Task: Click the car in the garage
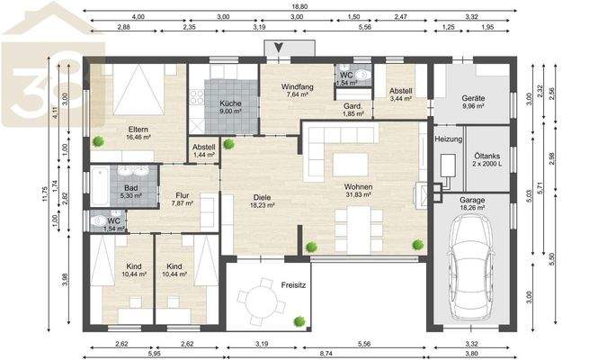tap(471, 265)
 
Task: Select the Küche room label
tap(230, 103)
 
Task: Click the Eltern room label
tap(138, 130)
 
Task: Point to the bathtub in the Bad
tap(100, 186)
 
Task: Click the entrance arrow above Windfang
tap(279, 48)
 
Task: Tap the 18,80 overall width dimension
tap(299, 6)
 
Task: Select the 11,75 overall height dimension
tap(45, 194)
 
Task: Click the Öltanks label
tap(487, 156)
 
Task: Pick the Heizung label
tap(449, 139)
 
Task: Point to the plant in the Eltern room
tap(98, 141)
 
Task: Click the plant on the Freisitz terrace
tap(299, 321)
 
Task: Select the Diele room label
tap(262, 197)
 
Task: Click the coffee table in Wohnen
tap(350, 165)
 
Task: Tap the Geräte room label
tap(473, 98)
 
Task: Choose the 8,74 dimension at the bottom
tap(326, 354)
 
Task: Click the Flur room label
tap(183, 195)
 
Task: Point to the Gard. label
tap(353, 105)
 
